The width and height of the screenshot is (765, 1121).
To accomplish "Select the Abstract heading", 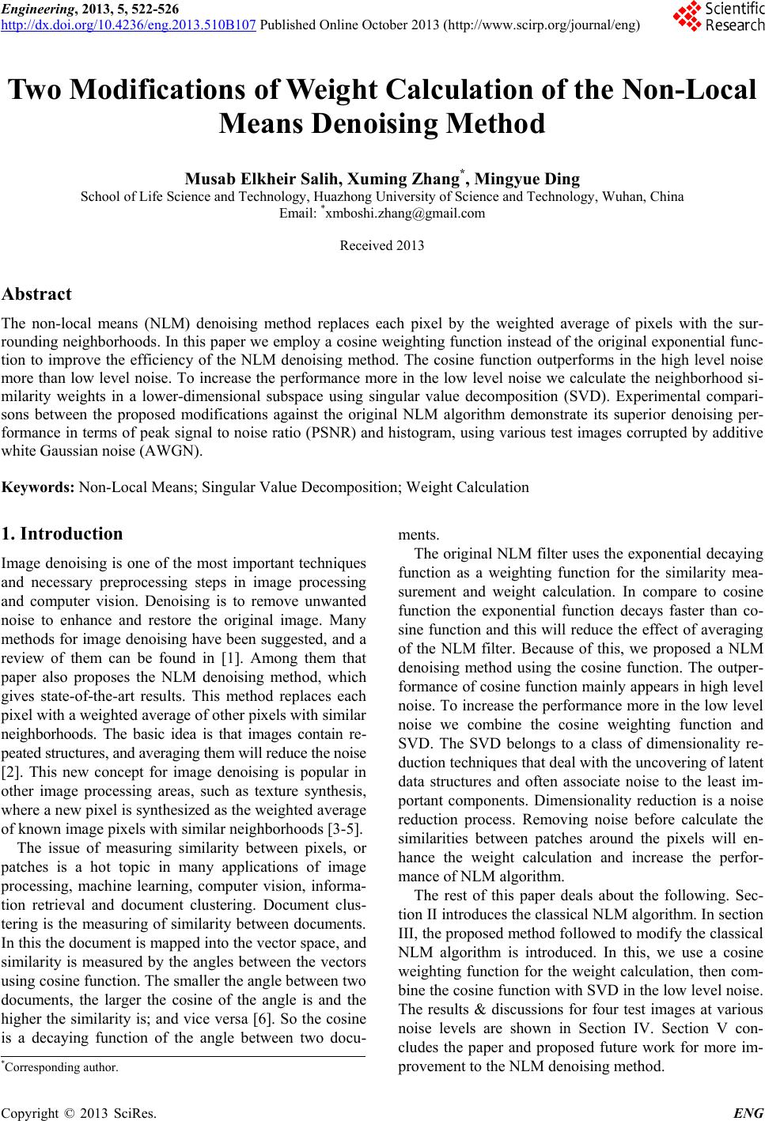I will point(37,294).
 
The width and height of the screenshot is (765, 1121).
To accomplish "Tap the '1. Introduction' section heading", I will point(62,533).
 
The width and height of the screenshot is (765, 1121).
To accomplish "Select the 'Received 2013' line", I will point(382,245).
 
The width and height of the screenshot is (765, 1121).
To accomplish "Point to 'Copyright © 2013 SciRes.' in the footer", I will point(79,1114).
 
